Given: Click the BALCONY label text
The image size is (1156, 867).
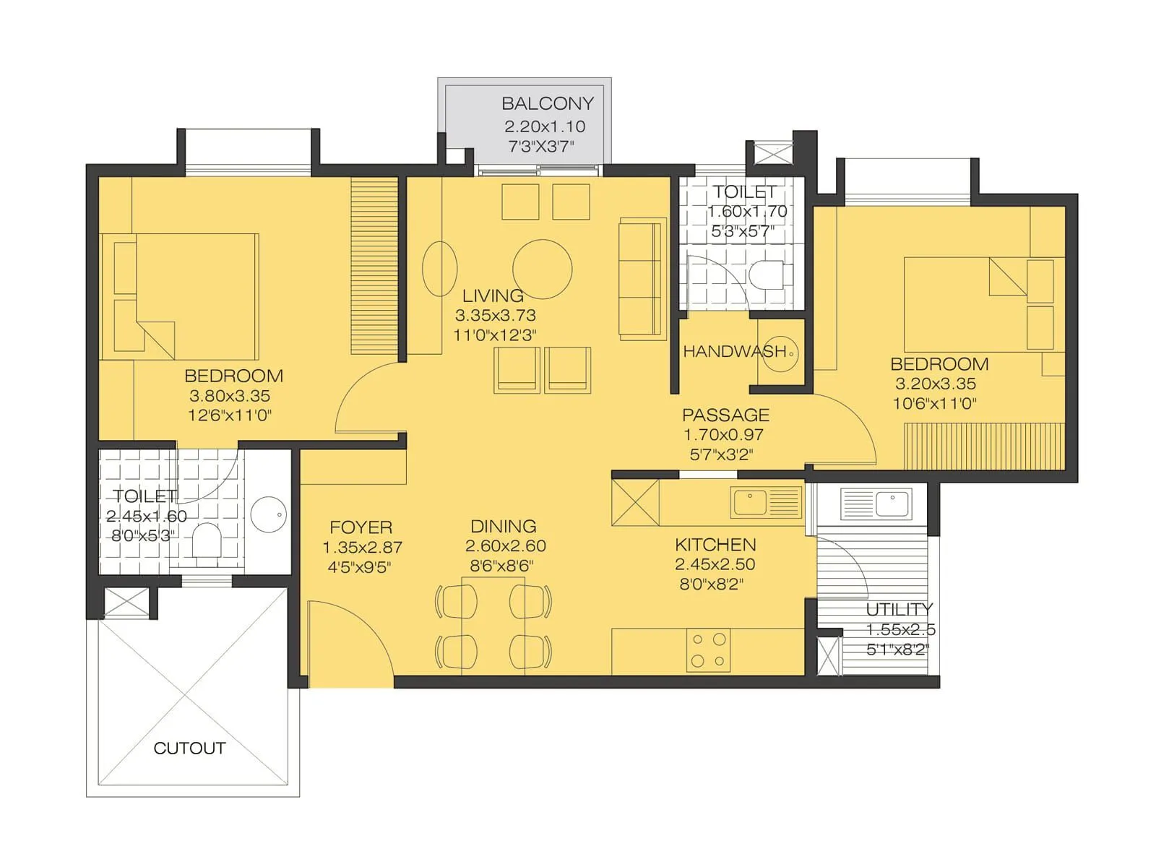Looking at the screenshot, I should coord(547,103).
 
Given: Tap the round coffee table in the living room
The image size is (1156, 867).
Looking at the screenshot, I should coord(542,269).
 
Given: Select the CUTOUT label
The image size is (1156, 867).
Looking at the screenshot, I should coord(189,748).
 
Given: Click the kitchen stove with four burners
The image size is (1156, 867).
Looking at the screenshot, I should coord(708,650).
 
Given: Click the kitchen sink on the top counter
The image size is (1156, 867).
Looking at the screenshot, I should coord(766,501).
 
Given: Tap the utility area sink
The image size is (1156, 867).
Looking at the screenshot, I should coord(876,503).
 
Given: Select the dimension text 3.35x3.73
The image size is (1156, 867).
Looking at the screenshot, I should coord(495,315).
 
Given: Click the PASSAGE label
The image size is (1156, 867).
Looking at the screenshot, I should coord(725,415).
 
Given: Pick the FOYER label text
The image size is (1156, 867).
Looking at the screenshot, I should coord(361,527).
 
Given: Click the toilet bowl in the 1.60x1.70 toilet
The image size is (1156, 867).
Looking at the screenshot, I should coord(764,275).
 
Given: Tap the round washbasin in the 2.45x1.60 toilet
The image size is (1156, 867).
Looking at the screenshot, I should coord(268,514).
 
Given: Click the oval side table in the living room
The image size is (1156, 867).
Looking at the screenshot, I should coord(439,269).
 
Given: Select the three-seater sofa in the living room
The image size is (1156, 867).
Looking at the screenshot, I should coord(642,278).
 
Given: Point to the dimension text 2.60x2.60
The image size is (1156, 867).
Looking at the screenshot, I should coord(505,546).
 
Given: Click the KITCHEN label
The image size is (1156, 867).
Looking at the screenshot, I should coord(715,545).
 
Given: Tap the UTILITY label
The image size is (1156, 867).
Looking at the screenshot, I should coord(899,609).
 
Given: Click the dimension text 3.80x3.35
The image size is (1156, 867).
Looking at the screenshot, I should coord(229,395).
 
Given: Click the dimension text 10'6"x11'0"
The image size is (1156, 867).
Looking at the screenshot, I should coord(934,403).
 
